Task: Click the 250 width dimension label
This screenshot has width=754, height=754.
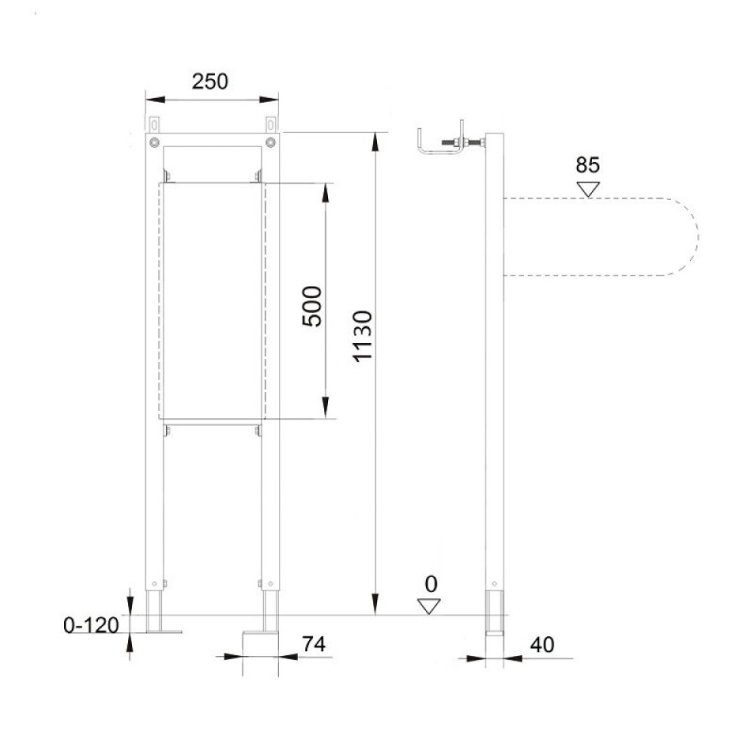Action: (209, 81)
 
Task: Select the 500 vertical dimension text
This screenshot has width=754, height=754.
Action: (312, 306)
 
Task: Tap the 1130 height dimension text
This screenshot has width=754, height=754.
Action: (363, 336)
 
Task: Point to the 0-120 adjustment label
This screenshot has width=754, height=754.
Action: (90, 625)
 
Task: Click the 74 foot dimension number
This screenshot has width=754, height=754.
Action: (314, 644)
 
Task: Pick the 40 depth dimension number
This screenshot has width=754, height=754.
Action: (542, 645)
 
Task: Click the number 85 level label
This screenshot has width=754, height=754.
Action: (587, 165)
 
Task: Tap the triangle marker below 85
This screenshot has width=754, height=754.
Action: (588, 188)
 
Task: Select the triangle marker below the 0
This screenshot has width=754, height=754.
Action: (429, 606)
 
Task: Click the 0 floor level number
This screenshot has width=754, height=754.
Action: (432, 584)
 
